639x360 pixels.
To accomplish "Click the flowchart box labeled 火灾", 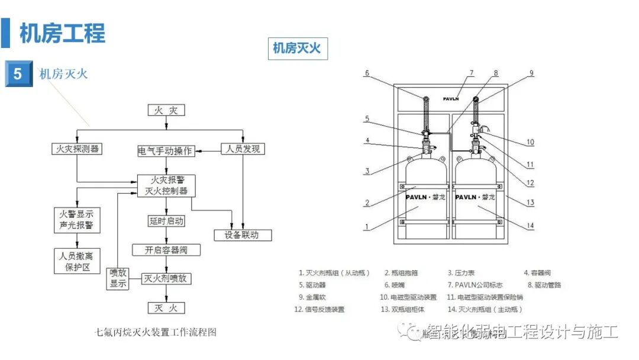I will (x=166, y=110).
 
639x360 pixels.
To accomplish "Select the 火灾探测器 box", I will (x=76, y=149).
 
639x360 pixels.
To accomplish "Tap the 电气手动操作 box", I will (x=165, y=150).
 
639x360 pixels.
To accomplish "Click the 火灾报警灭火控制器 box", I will (x=166, y=185).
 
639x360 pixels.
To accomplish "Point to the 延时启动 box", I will (x=166, y=221).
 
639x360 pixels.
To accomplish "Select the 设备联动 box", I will (x=243, y=234).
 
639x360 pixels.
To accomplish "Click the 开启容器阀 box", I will (x=166, y=250).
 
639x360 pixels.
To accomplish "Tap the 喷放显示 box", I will (x=117, y=278).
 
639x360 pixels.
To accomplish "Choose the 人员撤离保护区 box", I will (x=77, y=262).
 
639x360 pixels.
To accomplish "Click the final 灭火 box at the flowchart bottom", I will (x=166, y=308).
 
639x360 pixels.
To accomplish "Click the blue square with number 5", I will (x=18, y=74).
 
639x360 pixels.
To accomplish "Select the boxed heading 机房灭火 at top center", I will (x=296, y=49).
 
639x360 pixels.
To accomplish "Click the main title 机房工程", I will (x=62, y=33).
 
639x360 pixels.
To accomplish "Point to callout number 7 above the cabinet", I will (x=472, y=73).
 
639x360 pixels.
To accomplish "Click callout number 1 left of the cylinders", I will (x=367, y=226).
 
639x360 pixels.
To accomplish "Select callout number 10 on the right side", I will (x=530, y=142).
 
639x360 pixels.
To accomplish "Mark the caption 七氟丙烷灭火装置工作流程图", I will (x=156, y=332).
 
